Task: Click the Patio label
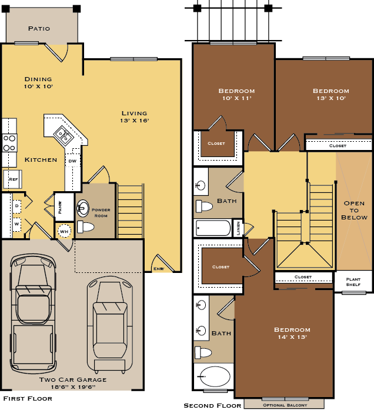point(39,28)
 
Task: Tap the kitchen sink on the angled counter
point(63,135)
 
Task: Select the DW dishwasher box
point(72,161)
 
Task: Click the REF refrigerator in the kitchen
point(12,179)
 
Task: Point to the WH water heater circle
point(64,231)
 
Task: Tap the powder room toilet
point(85,226)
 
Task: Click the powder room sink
point(83,208)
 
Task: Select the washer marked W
point(16,224)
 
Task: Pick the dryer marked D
point(16,206)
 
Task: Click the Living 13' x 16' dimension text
point(135,121)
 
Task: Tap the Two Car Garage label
point(73,379)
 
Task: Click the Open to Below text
point(354,210)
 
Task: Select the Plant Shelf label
point(353,282)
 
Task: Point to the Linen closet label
point(238,228)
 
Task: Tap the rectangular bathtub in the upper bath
point(213,228)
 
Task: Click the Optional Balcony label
point(285,405)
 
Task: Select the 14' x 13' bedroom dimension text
point(292,337)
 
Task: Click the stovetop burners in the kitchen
point(9,143)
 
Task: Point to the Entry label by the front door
point(159,269)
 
